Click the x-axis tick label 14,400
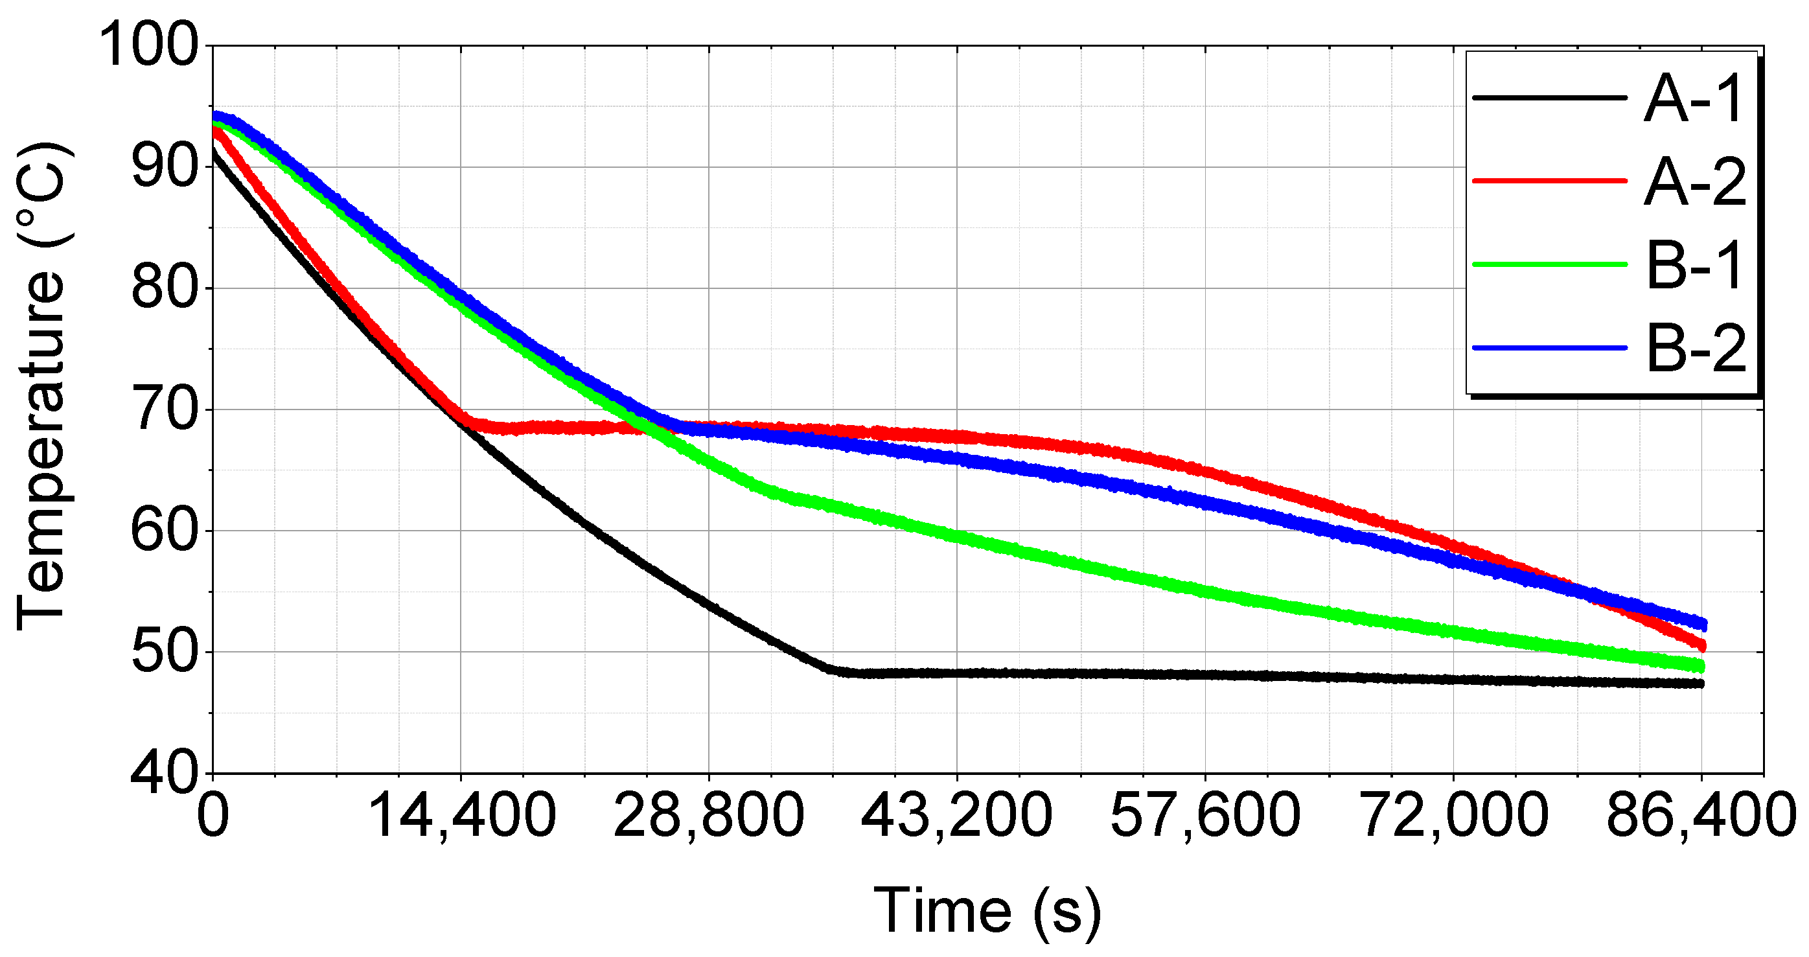[461, 816]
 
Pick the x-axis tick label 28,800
[709, 816]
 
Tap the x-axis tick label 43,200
[956, 816]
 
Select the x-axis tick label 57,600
[1205, 816]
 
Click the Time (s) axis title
[987, 910]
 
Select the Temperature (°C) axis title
[42, 386]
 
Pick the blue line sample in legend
[1549, 347]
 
